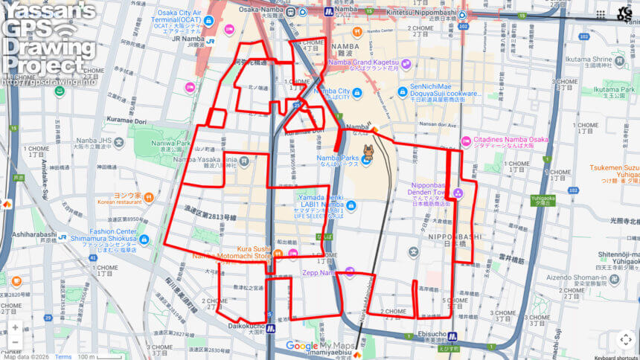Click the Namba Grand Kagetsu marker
point(406,64)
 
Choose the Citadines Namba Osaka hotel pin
point(467,141)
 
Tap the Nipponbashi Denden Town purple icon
point(458,193)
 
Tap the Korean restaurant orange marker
point(148,198)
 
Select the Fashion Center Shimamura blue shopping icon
point(144,240)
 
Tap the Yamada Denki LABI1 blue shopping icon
point(351,206)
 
